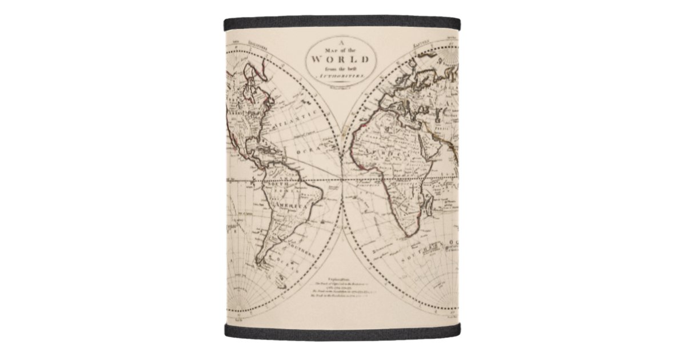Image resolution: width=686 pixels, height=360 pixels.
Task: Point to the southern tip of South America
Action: coord(260,263)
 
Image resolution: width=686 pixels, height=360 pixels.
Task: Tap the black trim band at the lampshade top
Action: coord(342,22)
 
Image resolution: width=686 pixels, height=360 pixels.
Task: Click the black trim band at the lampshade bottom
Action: coord(342,333)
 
